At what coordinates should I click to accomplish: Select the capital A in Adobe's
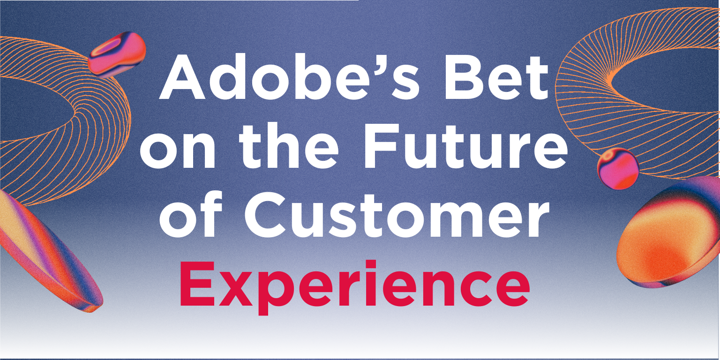(187, 77)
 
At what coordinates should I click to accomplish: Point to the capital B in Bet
(469, 77)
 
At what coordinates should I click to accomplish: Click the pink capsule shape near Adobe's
(117, 54)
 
